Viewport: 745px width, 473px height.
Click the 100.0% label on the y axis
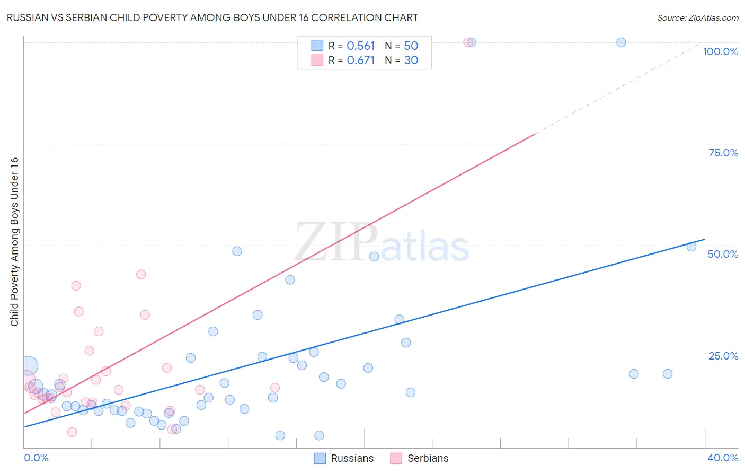[720, 51]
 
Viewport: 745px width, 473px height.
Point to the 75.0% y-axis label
[723, 153]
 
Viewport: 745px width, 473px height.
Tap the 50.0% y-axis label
[723, 254]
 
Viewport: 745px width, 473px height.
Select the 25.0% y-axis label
[723, 355]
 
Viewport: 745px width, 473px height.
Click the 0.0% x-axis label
[36, 458]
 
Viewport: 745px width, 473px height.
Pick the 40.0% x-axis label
[723, 458]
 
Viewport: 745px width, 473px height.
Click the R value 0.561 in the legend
[360, 46]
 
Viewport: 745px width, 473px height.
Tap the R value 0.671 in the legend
[360, 60]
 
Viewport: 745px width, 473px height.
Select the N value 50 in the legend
[411, 46]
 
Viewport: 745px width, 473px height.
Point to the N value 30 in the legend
[411, 60]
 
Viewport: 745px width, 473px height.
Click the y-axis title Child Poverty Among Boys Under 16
[14, 242]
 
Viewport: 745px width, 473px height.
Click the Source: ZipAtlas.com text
[697, 18]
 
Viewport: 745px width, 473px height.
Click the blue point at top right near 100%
[621, 42]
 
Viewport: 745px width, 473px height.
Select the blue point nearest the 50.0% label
[691, 247]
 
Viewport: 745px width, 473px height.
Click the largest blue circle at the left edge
[29, 365]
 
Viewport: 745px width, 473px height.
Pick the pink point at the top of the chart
[468, 42]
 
